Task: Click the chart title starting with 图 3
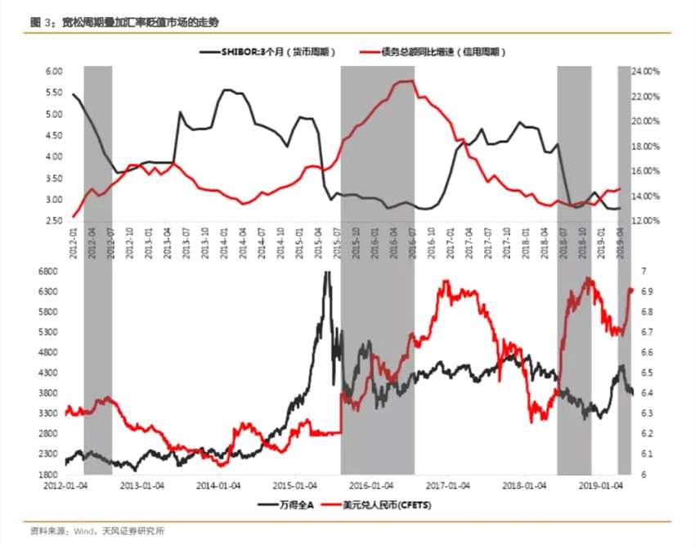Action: coord(123,22)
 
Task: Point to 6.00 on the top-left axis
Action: coord(54,71)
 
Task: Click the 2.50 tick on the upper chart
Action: coord(54,221)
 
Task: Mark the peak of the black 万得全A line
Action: coord(327,273)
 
